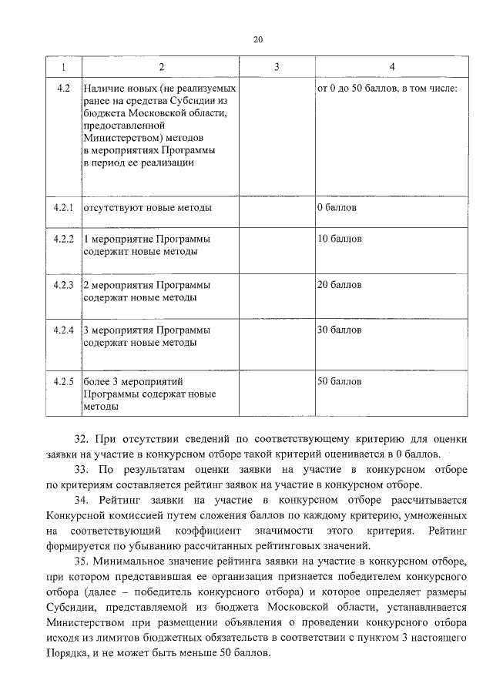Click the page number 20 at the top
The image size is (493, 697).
(258, 40)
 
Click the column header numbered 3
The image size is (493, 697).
(276, 68)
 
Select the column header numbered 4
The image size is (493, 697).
(393, 68)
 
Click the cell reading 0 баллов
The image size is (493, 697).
(337, 208)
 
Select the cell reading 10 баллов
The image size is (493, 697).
(339, 239)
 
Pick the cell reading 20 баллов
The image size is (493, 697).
(339, 286)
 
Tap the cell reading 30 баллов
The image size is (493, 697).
(339, 330)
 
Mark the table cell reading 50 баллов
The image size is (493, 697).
(339, 381)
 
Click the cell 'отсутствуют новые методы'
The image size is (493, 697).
(147, 208)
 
